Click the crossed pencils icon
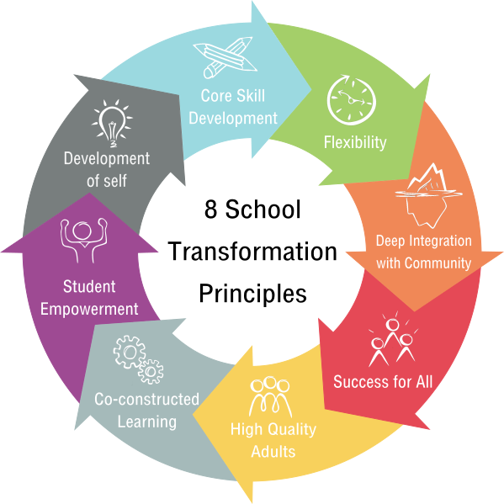tap(225, 57)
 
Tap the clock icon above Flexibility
tap(352, 99)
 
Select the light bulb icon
tap(112, 123)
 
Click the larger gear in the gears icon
tap(130, 352)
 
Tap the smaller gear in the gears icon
tap(151, 372)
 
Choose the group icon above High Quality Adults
tap(270, 396)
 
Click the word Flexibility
tap(355, 142)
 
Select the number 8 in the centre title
tap(210, 210)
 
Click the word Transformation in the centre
tap(252, 252)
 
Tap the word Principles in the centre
tap(253, 294)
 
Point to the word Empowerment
tap(89, 309)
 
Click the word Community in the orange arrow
tap(438, 263)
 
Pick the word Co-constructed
tap(147, 399)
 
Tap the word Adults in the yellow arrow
tap(273, 451)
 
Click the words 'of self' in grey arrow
tap(107, 181)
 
